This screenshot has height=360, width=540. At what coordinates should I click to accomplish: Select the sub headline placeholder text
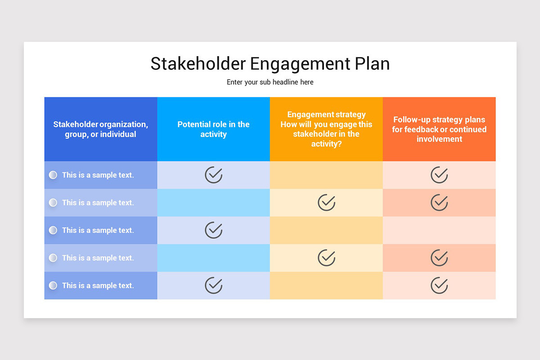(x=270, y=82)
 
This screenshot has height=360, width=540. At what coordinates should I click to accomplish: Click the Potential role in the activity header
(x=213, y=129)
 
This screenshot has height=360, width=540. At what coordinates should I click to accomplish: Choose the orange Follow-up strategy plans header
(x=439, y=129)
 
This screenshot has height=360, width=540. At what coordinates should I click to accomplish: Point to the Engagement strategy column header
(x=326, y=129)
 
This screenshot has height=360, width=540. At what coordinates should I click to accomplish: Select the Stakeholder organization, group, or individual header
(x=100, y=129)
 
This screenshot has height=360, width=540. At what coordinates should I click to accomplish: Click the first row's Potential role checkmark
(x=214, y=175)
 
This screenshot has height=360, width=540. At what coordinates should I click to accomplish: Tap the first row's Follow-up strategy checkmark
(x=439, y=175)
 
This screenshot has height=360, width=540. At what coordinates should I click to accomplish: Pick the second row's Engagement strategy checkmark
(x=327, y=202)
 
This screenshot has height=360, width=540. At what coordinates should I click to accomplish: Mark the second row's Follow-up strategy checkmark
(x=439, y=202)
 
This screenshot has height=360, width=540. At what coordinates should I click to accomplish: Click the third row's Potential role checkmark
(x=214, y=230)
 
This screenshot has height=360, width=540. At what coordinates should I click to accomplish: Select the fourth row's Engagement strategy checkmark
(x=327, y=258)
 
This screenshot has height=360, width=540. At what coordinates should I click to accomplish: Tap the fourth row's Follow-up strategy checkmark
(x=439, y=258)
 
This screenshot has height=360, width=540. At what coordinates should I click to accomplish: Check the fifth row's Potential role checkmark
(x=214, y=285)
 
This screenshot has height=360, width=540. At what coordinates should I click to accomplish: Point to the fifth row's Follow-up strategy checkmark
(x=439, y=285)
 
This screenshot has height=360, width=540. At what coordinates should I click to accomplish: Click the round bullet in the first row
(x=53, y=175)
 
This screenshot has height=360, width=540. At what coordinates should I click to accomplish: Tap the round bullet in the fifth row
(x=53, y=285)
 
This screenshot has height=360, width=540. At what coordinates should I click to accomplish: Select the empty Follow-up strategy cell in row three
(x=439, y=230)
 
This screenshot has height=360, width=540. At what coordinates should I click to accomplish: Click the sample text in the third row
(x=98, y=230)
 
